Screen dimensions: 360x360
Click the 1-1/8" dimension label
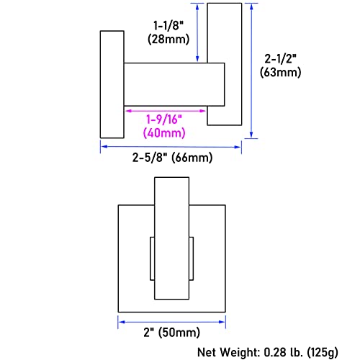point(168,25)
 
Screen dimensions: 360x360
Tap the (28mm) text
point(168,39)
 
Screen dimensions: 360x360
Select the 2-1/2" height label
point(280,58)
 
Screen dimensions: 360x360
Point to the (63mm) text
point(280,72)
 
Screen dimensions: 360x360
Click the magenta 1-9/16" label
point(164,119)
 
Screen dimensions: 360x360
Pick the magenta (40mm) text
point(164,132)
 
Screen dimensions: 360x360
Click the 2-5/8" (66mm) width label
point(172,158)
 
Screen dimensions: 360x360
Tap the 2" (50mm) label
point(172,333)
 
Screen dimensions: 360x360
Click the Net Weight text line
point(268,352)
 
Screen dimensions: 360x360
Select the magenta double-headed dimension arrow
point(166,111)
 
